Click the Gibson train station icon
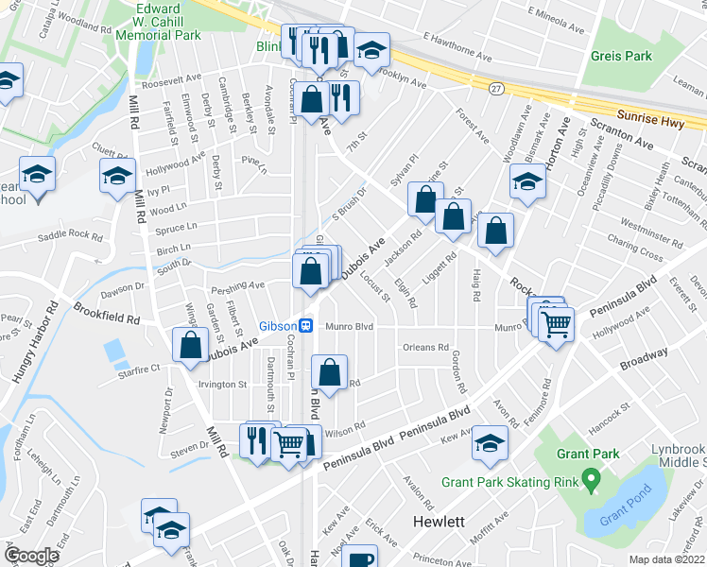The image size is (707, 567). pos(306,326)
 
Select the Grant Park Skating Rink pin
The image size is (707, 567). pos(591,480)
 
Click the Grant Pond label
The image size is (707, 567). pos(620,518)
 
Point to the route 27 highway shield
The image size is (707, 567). pos(495,88)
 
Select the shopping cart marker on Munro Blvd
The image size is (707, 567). pos(558,324)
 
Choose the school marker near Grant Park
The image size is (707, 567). pos(490,443)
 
